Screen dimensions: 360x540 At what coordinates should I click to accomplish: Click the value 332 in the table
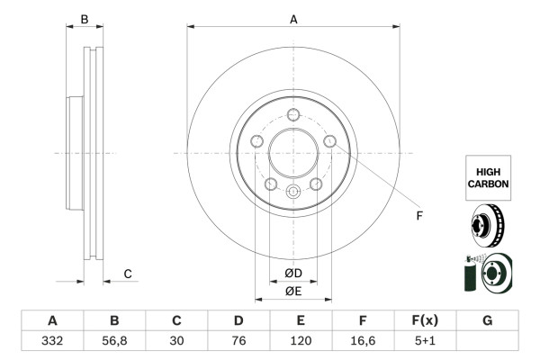point(52,341)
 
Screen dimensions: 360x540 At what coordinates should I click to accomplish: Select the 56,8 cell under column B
point(114,341)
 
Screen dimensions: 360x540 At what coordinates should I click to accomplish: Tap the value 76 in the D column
point(238,341)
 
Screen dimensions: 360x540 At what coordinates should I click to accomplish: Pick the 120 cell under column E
point(301,341)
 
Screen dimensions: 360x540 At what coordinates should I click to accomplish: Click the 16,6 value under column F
point(363,341)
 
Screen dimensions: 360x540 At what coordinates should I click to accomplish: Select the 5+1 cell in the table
point(425,341)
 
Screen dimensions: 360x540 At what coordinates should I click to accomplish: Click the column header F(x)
point(425,320)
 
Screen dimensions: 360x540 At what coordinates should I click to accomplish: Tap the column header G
point(487,320)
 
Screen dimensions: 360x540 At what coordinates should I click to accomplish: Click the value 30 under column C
point(176,341)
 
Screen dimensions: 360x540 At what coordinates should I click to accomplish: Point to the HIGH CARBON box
point(488,175)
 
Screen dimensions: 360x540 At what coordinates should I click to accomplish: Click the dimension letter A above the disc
point(293,19)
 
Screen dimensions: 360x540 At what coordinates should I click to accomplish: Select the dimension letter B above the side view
point(84,19)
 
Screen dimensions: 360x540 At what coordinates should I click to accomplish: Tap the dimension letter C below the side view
point(128,274)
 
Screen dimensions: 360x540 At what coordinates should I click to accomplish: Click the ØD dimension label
point(293,274)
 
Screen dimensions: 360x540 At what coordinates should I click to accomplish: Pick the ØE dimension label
point(293,291)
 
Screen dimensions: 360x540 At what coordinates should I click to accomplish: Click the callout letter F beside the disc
point(418,216)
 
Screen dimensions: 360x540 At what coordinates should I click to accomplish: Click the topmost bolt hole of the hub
point(293,114)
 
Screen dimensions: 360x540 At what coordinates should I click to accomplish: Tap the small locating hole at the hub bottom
point(293,192)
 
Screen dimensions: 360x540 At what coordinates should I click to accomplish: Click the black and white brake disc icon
point(487,225)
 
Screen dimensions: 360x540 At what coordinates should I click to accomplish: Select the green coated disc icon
point(487,274)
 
